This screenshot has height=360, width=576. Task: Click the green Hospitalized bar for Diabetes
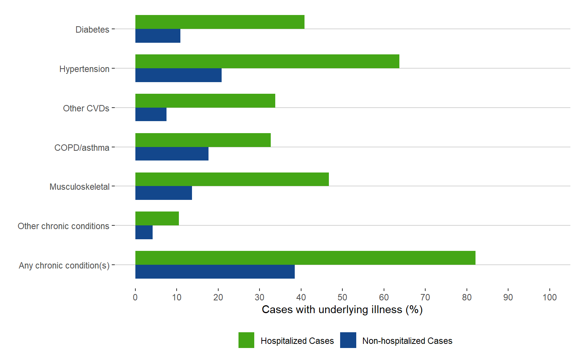tap(220, 22)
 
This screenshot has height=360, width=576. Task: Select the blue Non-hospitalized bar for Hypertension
tap(178, 75)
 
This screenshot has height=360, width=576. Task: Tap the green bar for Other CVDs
tap(205, 101)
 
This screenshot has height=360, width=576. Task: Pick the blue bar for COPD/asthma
tap(172, 154)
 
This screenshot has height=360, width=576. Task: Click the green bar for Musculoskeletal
tap(232, 179)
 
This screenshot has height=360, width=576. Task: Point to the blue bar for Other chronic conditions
tap(144, 232)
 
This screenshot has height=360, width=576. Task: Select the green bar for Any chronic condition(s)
tap(305, 258)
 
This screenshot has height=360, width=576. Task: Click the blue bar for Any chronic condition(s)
tap(215, 271)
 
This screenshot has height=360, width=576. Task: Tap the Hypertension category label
tap(84, 69)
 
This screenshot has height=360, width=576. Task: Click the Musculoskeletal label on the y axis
tap(79, 187)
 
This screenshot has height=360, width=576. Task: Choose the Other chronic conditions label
tap(63, 226)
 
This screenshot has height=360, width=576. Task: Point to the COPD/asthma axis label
tap(82, 148)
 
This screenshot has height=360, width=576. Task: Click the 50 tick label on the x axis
tap(342, 297)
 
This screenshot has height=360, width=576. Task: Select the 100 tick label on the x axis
tap(549, 297)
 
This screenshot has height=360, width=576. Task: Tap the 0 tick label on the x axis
tap(135, 297)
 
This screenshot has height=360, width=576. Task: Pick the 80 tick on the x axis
tap(466, 297)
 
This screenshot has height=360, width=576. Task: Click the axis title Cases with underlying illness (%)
tap(342, 310)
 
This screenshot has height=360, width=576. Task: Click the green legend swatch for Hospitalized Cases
tap(246, 340)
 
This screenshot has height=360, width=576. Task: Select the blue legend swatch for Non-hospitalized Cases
tap(348, 340)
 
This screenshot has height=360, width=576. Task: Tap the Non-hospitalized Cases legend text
tap(407, 341)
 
